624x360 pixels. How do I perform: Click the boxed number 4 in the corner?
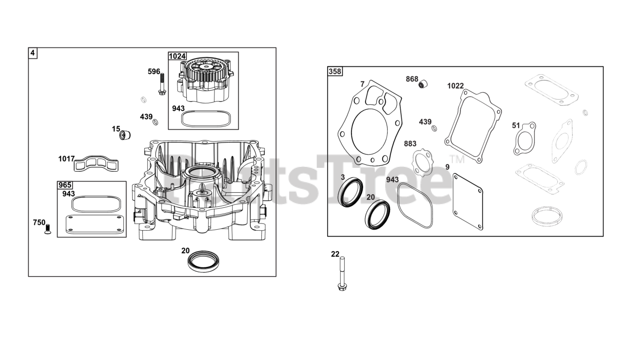33,53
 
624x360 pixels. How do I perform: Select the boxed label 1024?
177,56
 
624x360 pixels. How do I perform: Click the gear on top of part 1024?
206,72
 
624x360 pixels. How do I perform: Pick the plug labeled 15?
125,135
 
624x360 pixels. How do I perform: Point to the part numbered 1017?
96,163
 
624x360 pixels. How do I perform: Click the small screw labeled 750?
48,229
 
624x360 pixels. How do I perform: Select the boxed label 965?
65,185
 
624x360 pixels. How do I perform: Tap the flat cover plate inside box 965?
95,224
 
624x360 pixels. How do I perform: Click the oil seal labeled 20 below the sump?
203,261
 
